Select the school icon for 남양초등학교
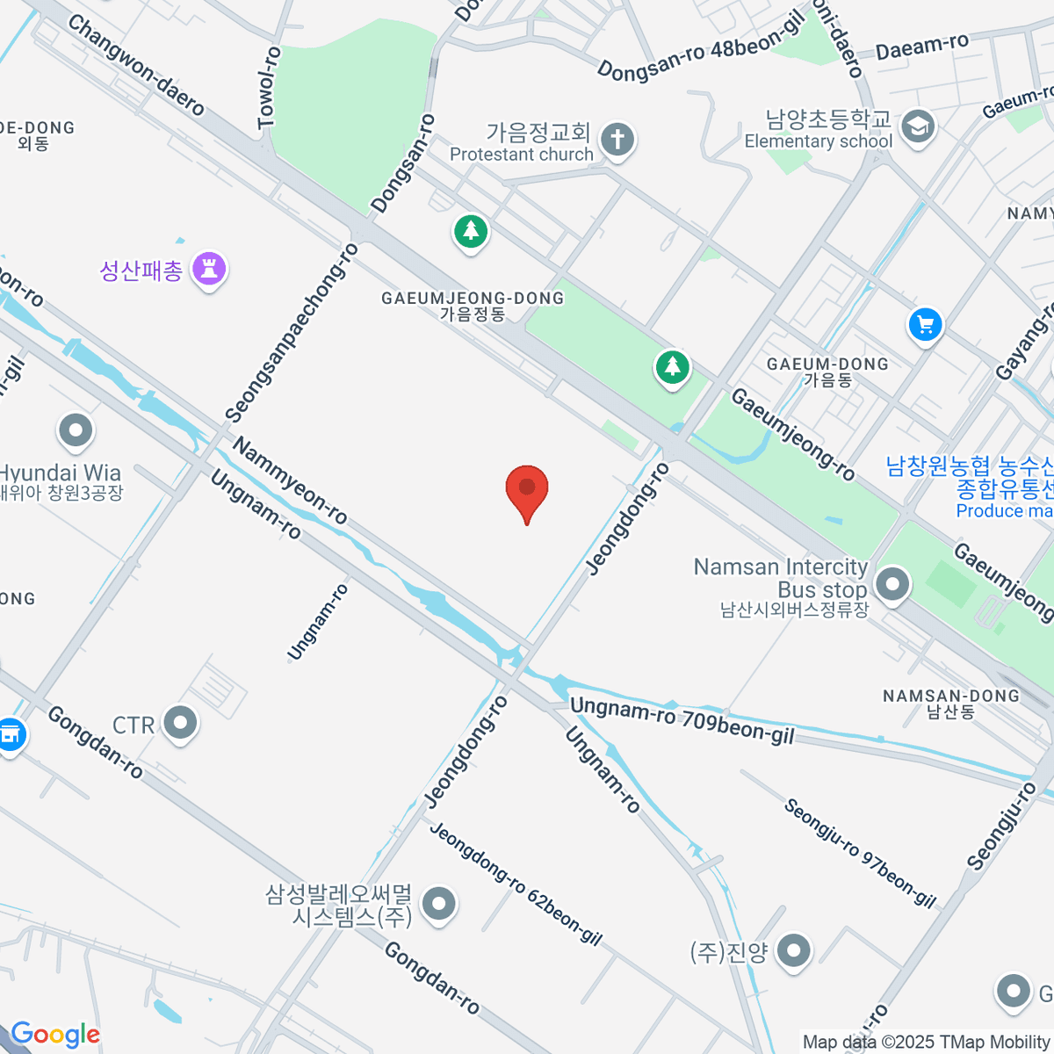(918, 126)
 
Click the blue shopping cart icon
(925, 325)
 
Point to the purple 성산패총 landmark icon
(210, 269)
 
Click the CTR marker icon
(182, 725)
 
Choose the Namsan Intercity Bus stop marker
(892, 583)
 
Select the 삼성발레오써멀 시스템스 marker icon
(438, 904)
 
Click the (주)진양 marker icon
(794, 951)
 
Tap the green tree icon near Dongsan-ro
(471, 232)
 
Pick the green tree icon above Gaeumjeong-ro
(673, 366)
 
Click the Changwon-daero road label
(136, 65)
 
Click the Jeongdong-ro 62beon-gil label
(516, 883)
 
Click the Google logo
(54, 1035)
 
